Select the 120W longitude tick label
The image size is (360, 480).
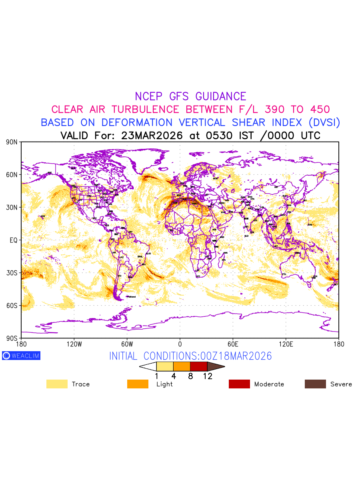click(x=74, y=344)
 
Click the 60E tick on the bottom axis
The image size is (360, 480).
click(x=233, y=344)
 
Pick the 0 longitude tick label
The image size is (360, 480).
click(x=180, y=344)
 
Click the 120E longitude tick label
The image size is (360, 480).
click(x=286, y=344)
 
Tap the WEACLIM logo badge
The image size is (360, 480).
click(x=21, y=356)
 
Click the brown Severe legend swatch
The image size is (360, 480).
click(x=315, y=384)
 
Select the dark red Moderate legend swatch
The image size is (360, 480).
click(x=239, y=384)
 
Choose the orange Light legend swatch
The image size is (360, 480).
click(x=138, y=384)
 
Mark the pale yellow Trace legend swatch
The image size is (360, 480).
click(x=57, y=384)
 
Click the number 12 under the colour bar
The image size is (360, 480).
click(x=208, y=376)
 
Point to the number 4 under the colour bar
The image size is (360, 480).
click(x=174, y=376)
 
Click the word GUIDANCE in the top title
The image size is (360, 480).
click(x=221, y=96)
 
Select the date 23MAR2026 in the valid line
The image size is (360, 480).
click(x=152, y=135)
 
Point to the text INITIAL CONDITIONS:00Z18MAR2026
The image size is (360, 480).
click(x=190, y=356)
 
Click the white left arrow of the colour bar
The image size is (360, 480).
click(x=148, y=366)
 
